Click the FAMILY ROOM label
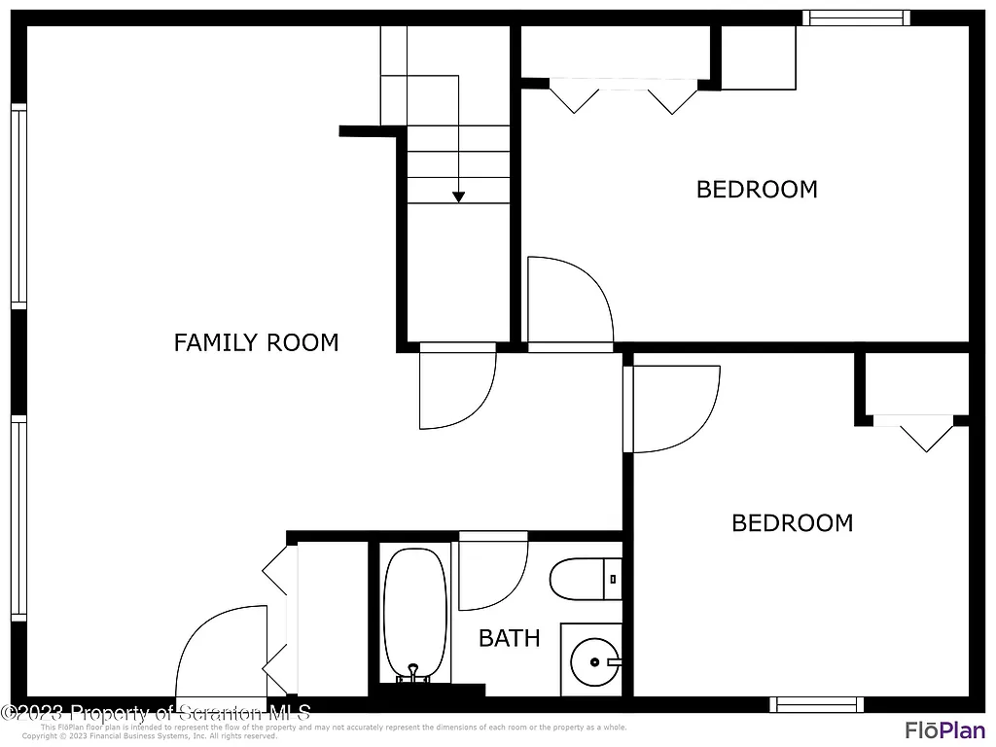click(x=256, y=342)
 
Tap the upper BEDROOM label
click(x=757, y=189)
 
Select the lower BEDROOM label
click(x=792, y=523)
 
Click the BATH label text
click(x=509, y=638)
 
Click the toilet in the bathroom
click(x=584, y=580)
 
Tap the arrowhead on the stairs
click(x=458, y=197)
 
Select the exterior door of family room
click(x=219, y=654)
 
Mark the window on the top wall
click(x=856, y=18)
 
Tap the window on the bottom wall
click(x=816, y=704)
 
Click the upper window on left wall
click(x=18, y=206)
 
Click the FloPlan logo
click(x=944, y=729)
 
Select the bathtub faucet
click(x=414, y=673)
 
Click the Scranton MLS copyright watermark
click(x=156, y=713)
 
